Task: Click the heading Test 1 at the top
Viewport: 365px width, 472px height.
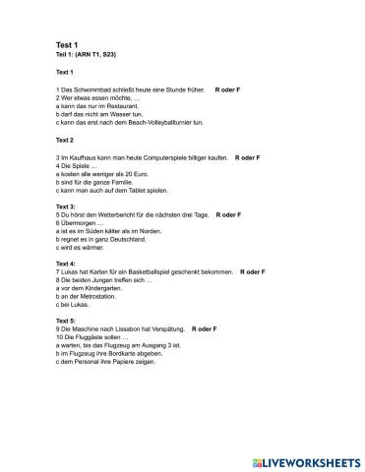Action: pos(68,45)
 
